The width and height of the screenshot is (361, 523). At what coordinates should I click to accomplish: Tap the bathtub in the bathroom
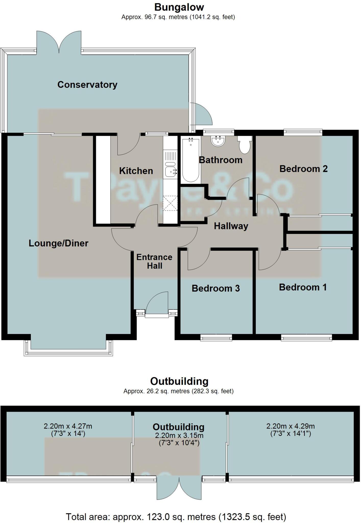click(191, 160)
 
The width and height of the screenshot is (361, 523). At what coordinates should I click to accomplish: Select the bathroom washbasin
click(218, 141)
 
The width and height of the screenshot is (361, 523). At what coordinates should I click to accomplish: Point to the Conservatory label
click(87, 85)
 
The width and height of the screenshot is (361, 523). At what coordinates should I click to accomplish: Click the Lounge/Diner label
click(58, 243)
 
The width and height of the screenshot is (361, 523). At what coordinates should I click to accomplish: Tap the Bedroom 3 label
click(216, 288)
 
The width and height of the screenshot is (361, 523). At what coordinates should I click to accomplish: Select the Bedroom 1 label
click(303, 287)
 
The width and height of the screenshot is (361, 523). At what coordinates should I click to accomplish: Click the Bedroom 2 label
click(303, 169)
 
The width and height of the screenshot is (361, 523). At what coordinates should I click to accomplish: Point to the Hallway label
click(231, 226)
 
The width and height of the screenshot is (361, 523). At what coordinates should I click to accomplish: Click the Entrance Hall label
click(154, 261)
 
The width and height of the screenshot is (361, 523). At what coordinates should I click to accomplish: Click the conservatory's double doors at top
click(59, 42)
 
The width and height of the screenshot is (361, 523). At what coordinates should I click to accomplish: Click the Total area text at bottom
click(176, 517)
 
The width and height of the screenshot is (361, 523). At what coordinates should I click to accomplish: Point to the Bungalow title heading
click(179, 7)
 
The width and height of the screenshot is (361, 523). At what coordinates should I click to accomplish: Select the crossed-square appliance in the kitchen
click(170, 203)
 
